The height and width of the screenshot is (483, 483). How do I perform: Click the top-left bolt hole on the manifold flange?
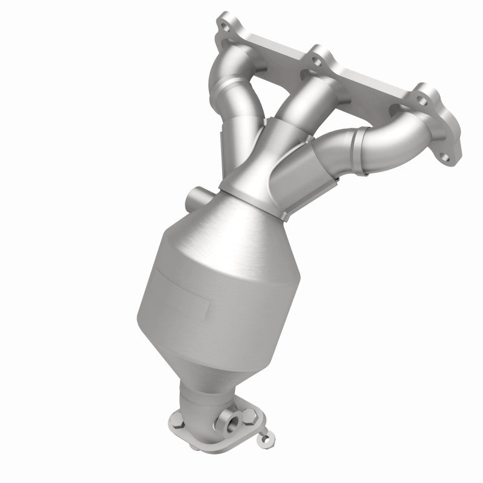click(226, 27)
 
